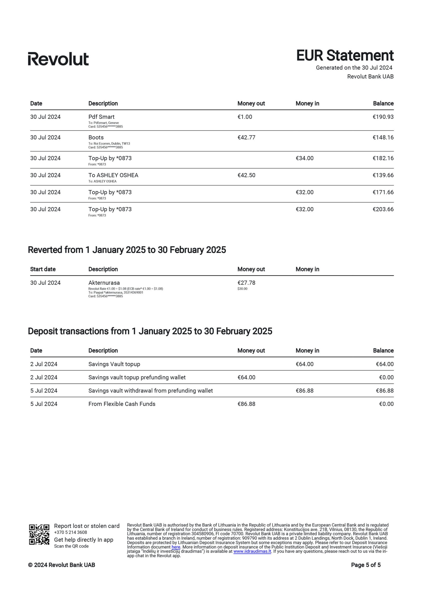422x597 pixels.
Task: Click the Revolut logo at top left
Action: click(x=58, y=59)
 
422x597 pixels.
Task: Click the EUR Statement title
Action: click(x=345, y=55)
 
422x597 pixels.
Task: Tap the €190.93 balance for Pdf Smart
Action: click(x=383, y=117)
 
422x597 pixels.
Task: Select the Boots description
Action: click(x=96, y=137)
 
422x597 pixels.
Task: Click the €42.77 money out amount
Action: click(x=246, y=137)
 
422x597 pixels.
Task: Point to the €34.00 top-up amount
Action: click(x=304, y=158)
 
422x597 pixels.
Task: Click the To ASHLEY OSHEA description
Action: click(x=113, y=175)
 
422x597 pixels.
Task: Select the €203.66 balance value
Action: click(x=383, y=209)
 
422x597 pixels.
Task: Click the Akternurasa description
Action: click(x=104, y=283)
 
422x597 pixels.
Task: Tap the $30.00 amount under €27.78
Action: click(x=242, y=289)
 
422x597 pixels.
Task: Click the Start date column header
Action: click(x=43, y=269)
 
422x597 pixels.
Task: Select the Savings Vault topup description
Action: click(x=114, y=364)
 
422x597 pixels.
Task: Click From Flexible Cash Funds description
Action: click(x=122, y=404)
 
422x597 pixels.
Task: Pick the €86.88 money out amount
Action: click(x=246, y=404)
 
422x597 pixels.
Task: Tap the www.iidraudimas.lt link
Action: click(x=252, y=551)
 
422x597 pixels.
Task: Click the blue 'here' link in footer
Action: click(x=176, y=547)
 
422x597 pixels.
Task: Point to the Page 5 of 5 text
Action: click(x=366, y=565)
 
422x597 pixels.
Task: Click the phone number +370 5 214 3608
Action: click(x=70, y=532)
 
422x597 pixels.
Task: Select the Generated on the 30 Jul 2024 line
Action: click(x=354, y=68)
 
